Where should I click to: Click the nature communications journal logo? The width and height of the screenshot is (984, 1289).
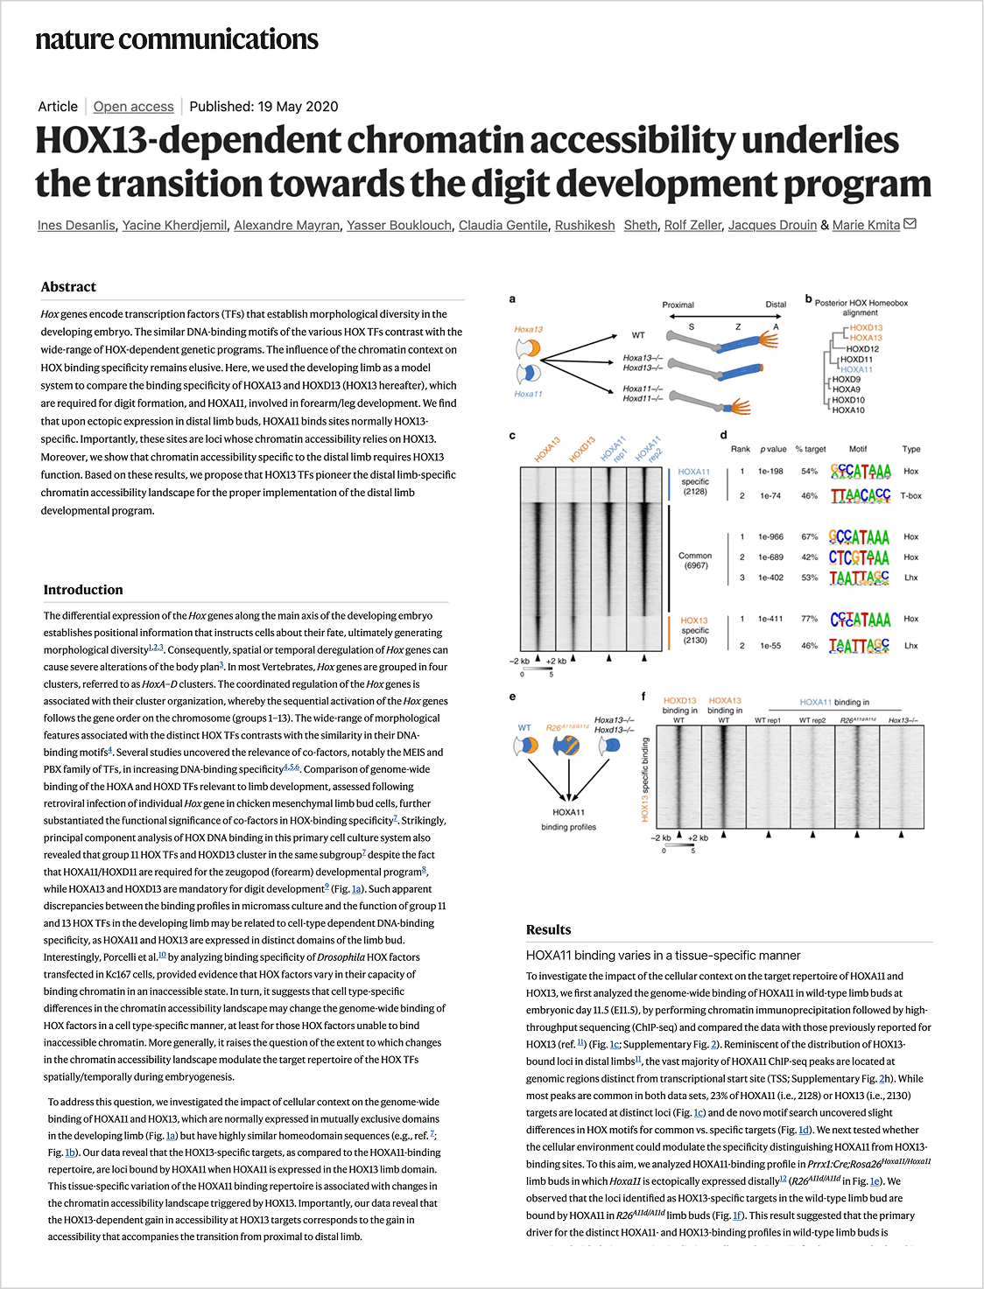[177, 39]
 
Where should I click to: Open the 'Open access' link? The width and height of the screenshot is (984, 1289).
[133, 106]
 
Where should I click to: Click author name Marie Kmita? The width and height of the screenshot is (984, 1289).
[866, 225]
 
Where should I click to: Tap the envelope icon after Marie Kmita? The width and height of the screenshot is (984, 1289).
[910, 224]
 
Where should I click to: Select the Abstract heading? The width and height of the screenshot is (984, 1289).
[68, 286]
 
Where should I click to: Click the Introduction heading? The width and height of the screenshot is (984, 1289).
[83, 589]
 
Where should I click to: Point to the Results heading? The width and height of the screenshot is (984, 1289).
[548, 929]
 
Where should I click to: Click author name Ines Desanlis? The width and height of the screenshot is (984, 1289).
[76, 225]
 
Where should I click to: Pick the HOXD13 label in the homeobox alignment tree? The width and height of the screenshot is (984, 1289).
[866, 327]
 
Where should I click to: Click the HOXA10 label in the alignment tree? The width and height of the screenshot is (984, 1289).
[848, 410]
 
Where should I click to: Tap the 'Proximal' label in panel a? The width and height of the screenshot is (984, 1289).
[678, 305]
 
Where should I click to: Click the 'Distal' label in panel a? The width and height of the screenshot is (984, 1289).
[776, 305]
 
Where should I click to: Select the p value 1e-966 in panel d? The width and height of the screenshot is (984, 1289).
[770, 536]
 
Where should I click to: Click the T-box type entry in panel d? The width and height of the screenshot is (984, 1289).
[911, 495]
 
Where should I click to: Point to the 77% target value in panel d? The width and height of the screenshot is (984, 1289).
[810, 619]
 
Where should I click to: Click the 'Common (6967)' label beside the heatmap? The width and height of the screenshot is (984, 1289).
[695, 560]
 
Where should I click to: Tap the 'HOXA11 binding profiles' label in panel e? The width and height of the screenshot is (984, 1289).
[568, 819]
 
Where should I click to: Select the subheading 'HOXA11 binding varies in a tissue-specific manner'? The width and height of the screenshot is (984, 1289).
[663, 955]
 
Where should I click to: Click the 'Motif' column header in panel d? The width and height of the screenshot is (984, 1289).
[858, 449]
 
